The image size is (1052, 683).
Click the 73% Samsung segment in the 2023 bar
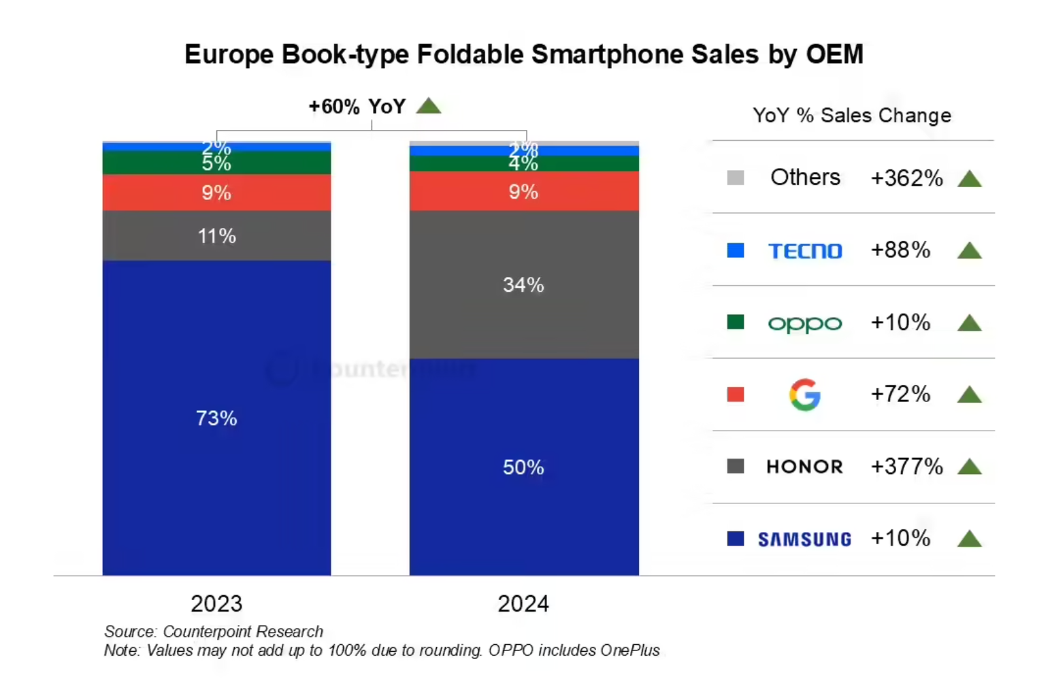coord(216,418)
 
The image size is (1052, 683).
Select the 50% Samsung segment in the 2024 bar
coord(523,467)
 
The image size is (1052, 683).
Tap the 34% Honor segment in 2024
coord(523,284)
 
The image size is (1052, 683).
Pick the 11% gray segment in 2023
coord(216,236)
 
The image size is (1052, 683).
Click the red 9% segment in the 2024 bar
coord(523,192)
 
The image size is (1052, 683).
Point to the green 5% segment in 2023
coord(216,163)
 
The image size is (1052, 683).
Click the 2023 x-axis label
coord(216,603)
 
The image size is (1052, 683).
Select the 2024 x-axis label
coord(523,603)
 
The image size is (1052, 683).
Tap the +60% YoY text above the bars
coord(357,107)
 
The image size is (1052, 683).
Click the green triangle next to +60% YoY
coord(429,106)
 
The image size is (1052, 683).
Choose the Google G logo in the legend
coord(805,395)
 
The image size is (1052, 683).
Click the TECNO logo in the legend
coord(805,251)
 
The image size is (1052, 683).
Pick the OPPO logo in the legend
coord(805,324)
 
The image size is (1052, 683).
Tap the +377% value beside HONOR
coord(906,467)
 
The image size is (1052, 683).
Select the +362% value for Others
coord(906,178)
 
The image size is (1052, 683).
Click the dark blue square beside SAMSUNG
coord(736,539)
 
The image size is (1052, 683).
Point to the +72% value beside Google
coord(900,395)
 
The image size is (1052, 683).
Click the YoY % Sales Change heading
coord(852,116)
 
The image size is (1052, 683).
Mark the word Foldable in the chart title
coord(469,54)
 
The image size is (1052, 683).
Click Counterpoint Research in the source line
coord(243,631)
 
